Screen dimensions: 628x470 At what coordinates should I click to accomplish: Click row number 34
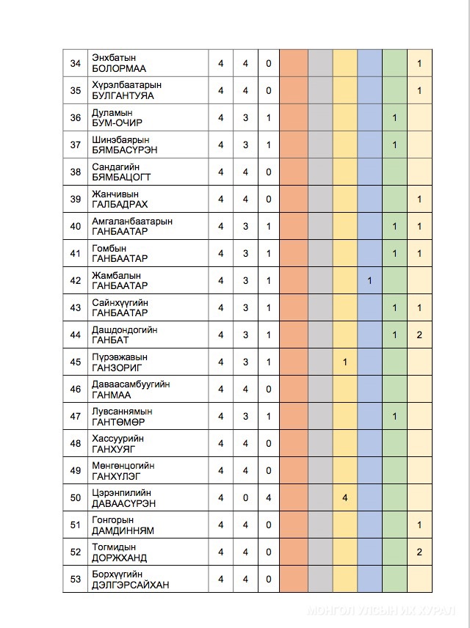(75, 64)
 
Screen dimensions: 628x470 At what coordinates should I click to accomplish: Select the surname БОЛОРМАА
(119, 69)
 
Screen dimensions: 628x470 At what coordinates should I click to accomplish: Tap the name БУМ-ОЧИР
(117, 123)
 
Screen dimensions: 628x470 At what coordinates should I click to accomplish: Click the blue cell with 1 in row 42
(370, 280)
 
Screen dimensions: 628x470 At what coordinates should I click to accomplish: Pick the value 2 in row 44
(419, 335)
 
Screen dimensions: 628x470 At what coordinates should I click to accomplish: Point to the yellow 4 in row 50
(344, 497)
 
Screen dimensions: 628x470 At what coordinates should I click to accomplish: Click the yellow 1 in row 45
(344, 362)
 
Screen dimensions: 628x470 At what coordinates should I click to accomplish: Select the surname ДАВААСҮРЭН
(123, 503)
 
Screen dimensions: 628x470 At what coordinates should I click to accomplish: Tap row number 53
(75, 579)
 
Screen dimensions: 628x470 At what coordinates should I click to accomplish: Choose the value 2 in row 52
(419, 552)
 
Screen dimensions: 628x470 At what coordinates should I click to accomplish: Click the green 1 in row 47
(394, 416)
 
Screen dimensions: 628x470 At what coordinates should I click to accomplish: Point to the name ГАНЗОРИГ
(117, 368)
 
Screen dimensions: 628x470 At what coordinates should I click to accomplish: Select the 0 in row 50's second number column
(245, 497)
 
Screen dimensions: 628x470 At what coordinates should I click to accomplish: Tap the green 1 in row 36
(394, 117)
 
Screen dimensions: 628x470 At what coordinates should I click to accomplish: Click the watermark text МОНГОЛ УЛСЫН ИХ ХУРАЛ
(383, 610)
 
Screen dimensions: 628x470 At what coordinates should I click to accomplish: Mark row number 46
(75, 389)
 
